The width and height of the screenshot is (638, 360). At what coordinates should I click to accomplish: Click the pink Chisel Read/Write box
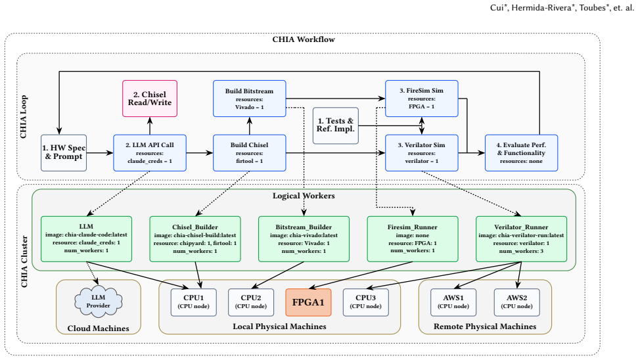pos(150,99)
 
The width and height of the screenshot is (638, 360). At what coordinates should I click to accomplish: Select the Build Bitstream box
pos(250,99)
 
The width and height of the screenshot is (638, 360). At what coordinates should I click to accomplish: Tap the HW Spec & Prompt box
pos(64,153)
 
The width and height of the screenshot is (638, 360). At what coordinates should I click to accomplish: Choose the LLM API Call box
pos(150,153)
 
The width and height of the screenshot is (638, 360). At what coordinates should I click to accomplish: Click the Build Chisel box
pos(250,153)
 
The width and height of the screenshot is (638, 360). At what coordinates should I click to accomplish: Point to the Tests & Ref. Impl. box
pos(336,125)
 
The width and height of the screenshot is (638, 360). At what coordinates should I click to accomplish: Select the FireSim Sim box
pos(422,99)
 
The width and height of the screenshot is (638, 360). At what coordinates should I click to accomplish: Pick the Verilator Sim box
pos(422,153)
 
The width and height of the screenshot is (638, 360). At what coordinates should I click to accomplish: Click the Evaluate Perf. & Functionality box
pos(521,153)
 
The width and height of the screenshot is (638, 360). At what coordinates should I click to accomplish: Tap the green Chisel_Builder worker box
pos(195,238)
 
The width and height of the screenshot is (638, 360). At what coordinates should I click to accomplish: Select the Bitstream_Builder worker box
pos(304,238)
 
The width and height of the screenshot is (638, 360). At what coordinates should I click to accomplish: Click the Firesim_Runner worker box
pos(413,238)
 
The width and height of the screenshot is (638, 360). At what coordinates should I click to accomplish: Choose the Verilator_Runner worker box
pos(521,238)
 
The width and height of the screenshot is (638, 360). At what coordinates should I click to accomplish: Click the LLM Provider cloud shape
pos(98,302)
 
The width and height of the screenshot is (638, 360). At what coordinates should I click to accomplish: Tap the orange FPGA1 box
pos(308,302)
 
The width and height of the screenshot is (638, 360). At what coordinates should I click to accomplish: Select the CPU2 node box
pos(250,302)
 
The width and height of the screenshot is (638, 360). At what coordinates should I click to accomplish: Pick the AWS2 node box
pos(516,302)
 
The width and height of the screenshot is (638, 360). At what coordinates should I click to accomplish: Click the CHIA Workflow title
pos(304,39)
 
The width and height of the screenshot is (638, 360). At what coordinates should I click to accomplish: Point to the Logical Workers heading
pos(304,196)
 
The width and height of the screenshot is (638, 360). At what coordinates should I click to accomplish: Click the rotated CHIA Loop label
pos(24,117)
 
